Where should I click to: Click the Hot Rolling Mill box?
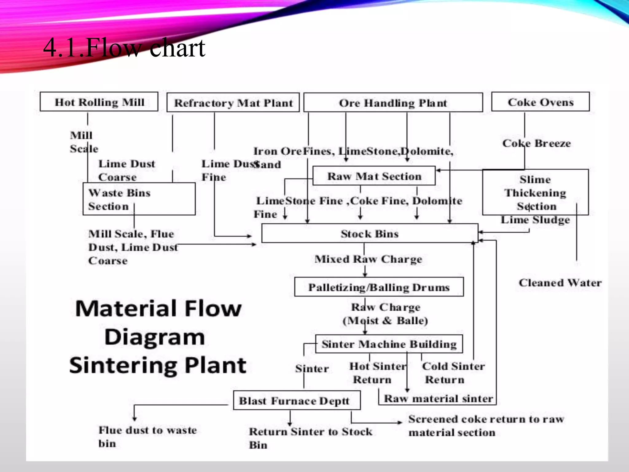(99, 102)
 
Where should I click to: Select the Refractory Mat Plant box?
(233, 103)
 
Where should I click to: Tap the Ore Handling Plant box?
(393, 103)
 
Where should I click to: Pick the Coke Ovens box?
(540, 102)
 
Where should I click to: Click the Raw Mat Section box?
(374, 176)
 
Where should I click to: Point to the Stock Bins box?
(369, 234)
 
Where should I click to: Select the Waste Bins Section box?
(139, 199)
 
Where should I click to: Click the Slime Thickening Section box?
(535, 192)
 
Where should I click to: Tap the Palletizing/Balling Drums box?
(379, 287)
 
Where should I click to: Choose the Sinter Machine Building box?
(389, 344)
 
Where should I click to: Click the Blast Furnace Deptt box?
(296, 400)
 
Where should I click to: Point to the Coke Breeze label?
(537, 143)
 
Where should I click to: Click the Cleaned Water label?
(560, 282)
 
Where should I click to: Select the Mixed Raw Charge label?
(368, 259)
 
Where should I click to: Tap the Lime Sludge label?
(535, 220)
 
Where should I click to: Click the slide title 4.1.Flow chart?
(124, 48)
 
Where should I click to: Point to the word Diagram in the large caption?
(154, 337)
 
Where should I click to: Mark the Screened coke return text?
(486, 425)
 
